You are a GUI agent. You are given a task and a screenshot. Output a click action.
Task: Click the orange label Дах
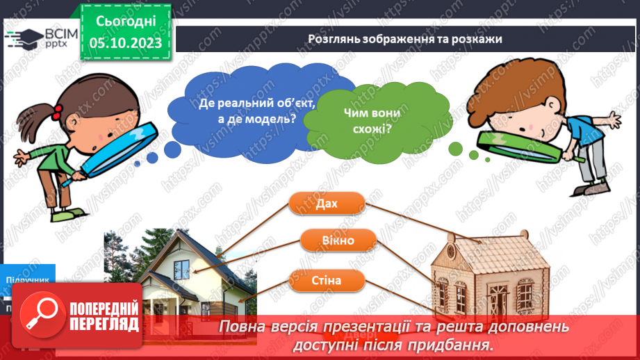click(326, 204)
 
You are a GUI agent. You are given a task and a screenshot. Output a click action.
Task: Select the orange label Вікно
click(338, 241)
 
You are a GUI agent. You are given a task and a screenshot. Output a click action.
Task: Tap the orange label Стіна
click(326, 281)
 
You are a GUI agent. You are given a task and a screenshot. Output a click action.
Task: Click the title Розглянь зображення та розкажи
click(404, 39)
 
